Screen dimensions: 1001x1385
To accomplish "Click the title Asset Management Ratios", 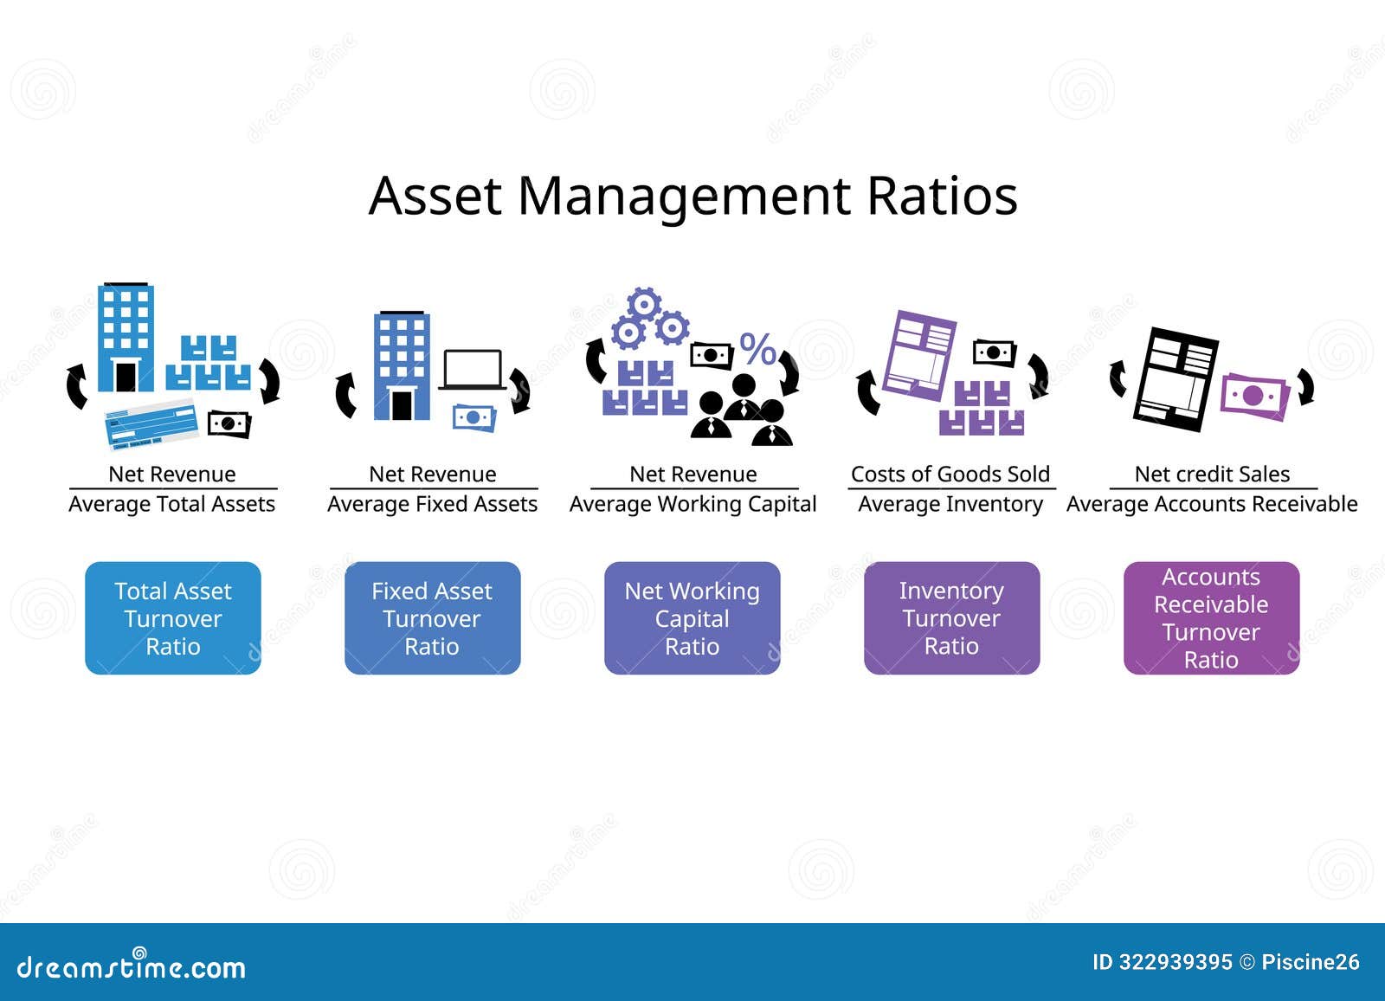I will pyautogui.click(x=692, y=196).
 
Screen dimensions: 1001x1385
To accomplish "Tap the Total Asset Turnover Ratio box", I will pyautogui.click(x=173, y=618).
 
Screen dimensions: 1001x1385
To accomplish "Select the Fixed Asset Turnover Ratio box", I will pyautogui.click(x=432, y=618).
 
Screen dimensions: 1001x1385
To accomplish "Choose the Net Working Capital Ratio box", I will pyautogui.click(x=692, y=618).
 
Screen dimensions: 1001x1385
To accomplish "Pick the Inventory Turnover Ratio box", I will pyautogui.click(x=951, y=618).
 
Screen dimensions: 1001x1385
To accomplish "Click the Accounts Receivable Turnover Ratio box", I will pyautogui.click(x=1211, y=618).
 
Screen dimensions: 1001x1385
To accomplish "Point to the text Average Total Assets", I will pyautogui.click(x=172, y=504).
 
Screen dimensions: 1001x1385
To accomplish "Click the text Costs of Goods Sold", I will pyautogui.click(x=950, y=474).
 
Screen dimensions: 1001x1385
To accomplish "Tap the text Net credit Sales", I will pyautogui.click(x=1212, y=474).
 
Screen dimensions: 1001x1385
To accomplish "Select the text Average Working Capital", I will pyautogui.click(x=692, y=504).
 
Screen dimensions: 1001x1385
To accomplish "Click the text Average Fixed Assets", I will pyautogui.click(x=432, y=504).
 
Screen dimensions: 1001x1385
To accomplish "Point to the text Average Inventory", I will pyautogui.click(x=950, y=504).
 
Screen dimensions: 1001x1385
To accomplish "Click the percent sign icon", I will pyautogui.click(x=757, y=350).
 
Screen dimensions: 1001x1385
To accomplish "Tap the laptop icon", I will pyautogui.click(x=472, y=370).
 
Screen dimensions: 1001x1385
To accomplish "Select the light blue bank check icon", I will pyautogui.click(x=151, y=424).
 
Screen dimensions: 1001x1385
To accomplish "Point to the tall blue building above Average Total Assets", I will pyautogui.click(x=126, y=338).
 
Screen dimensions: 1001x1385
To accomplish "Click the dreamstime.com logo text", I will pyautogui.click(x=132, y=966).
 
